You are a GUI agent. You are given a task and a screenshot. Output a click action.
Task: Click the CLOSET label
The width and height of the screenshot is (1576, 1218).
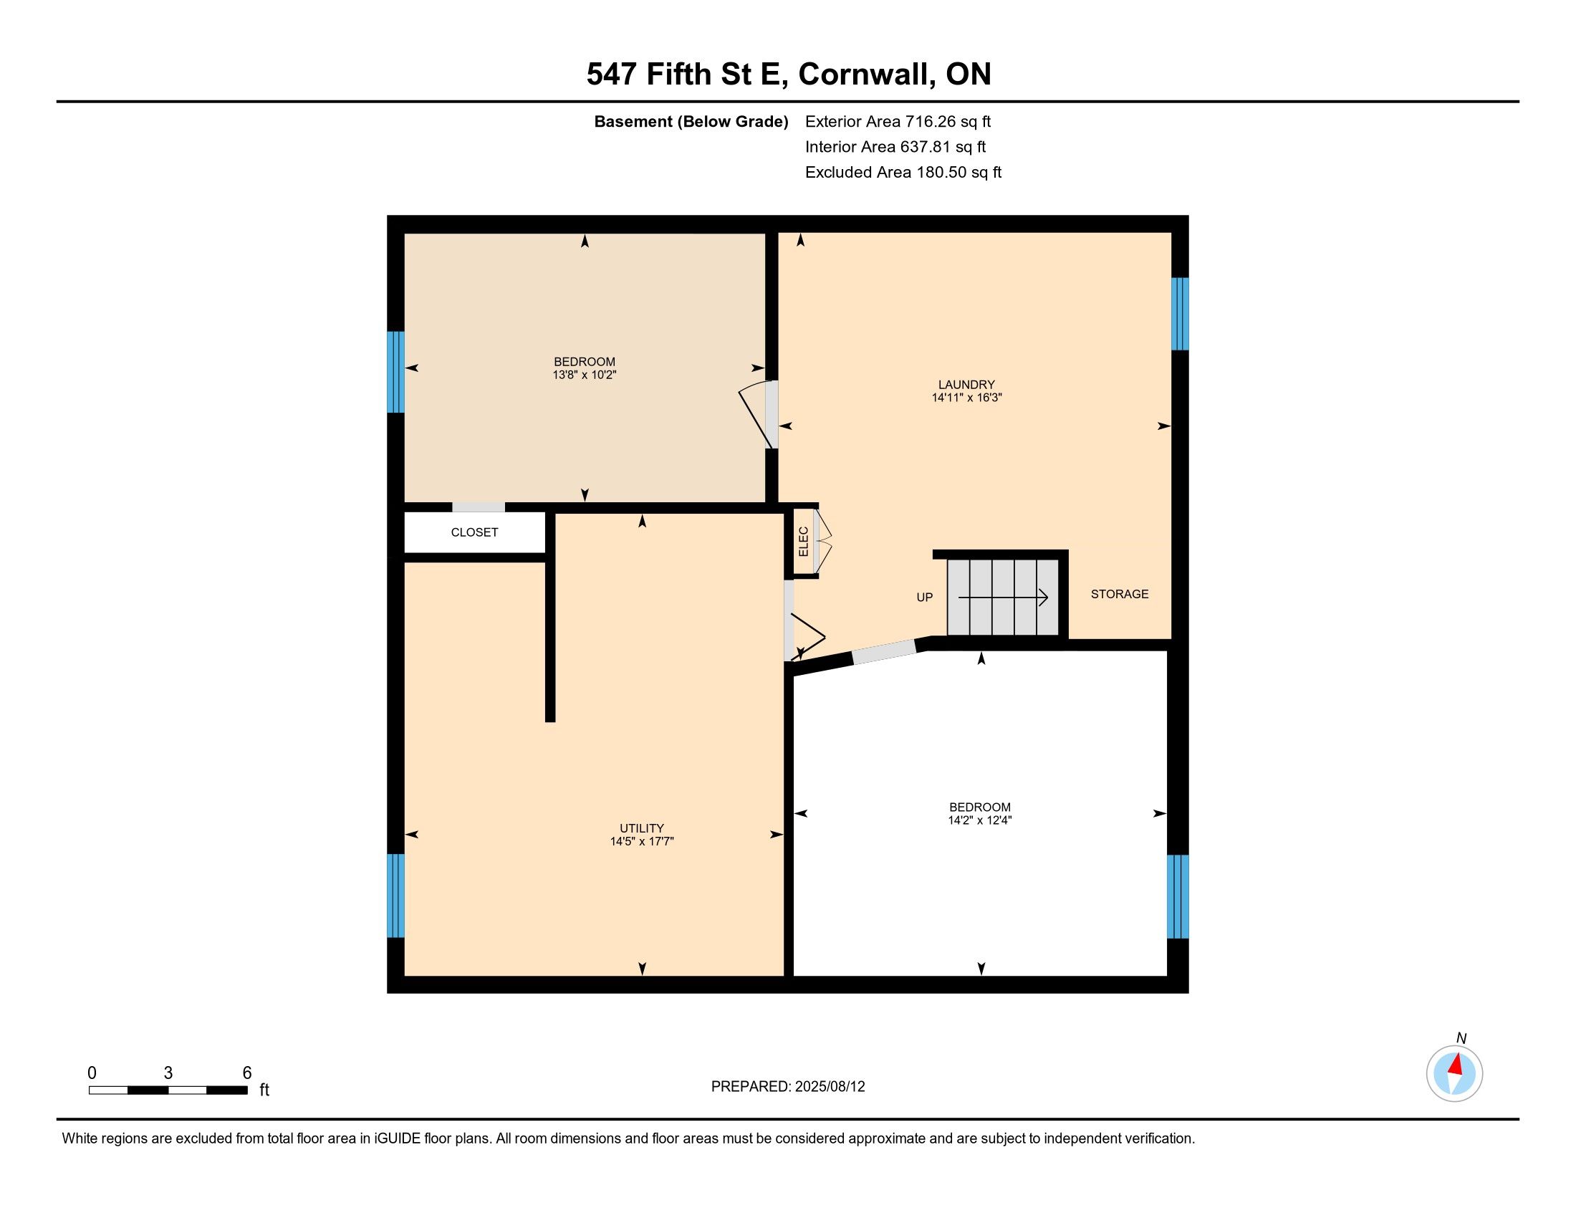pos(474,532)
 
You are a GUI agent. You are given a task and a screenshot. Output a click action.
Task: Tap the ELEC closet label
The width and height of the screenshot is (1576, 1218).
pos(803,541)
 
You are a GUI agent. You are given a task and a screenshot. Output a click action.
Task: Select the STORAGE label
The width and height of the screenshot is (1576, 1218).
pos(1119,594)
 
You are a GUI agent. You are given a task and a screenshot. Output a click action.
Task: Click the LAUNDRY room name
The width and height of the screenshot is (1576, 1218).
pos(966,385)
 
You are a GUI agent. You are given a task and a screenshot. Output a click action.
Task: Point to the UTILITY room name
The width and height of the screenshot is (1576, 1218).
pos(642,828)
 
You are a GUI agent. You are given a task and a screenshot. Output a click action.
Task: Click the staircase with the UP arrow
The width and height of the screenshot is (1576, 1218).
pos(1003,598)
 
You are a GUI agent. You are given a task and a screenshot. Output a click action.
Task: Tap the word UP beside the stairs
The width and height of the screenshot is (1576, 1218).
pos(924,598)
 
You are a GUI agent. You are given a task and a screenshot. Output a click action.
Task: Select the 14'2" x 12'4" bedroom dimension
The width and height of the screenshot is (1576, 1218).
pos(980,820)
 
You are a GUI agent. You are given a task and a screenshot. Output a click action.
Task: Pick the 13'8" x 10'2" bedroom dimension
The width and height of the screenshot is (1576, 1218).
pos(585,375)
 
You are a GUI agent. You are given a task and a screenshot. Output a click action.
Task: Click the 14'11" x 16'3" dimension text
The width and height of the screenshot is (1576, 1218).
pos(967,398)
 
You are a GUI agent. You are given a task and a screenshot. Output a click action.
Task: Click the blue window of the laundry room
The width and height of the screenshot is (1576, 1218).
pos(1179,314)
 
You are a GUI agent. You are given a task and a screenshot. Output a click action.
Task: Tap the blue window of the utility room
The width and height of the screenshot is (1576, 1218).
pos(395,896)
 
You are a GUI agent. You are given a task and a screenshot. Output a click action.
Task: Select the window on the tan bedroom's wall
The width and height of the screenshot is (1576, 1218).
pos(395,372)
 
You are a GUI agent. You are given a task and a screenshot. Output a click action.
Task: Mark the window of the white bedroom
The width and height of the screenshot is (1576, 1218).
pos(1178,897)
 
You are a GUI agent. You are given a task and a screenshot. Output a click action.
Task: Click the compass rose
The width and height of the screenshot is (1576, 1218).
pos(1454,1074)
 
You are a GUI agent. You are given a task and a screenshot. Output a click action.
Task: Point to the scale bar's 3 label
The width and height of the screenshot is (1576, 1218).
pos(168,1073)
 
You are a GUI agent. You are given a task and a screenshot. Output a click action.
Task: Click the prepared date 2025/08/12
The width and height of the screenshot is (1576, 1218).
pos(830,1087)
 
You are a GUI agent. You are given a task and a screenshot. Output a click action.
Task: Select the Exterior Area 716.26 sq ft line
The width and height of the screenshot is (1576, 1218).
pos(898,122)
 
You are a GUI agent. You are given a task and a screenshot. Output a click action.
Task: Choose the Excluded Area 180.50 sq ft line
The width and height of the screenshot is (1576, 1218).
pos(903,173)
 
